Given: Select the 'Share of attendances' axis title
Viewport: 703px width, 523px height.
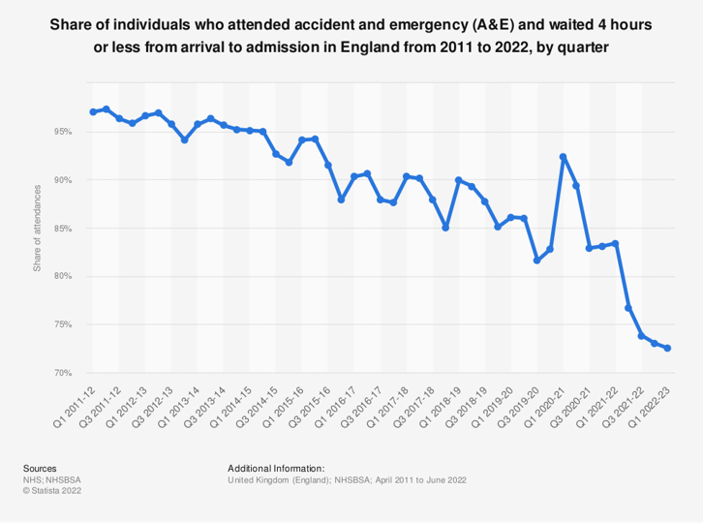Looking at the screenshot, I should [x=38, y=229].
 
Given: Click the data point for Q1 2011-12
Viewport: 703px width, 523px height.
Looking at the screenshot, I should [x=93, y=112].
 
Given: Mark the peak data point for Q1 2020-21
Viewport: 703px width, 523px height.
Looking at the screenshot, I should [x=564, y=157].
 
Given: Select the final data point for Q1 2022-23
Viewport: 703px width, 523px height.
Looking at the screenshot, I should [x=668, y=349].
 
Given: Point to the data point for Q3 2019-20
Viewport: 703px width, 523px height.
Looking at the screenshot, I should [x=537, y=261].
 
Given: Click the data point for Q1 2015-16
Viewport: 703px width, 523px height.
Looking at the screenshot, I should [x=302, y=140].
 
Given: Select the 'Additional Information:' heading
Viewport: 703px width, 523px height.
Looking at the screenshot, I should [x=275, y=468].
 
